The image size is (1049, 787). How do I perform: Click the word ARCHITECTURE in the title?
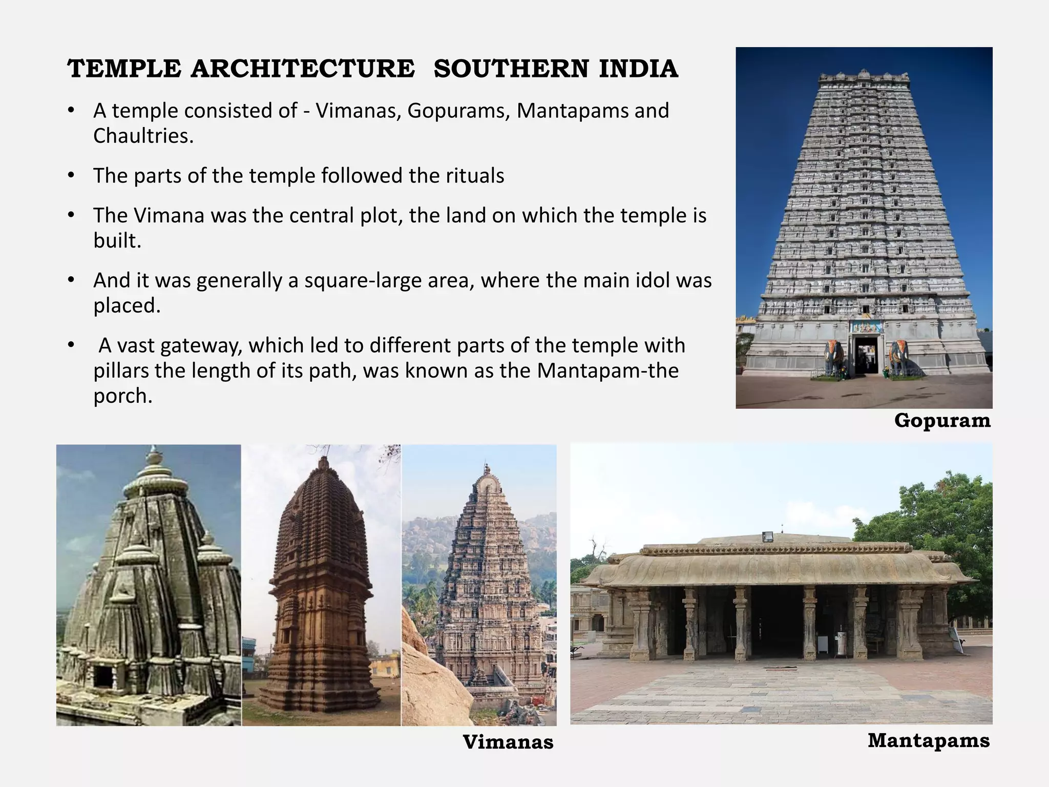tap(302, 69)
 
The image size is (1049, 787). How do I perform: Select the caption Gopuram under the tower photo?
tap(942, 421)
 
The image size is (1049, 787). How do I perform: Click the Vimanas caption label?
tap(508, 742)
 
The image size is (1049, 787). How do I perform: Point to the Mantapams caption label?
tap(928, 740)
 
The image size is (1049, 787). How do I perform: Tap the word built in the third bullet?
tap(116, 240)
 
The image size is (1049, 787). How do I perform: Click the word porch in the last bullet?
tap(122, 396)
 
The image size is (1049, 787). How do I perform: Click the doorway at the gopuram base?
tap(866, 354)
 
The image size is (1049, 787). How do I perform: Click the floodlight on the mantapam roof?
tap(768, 537)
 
